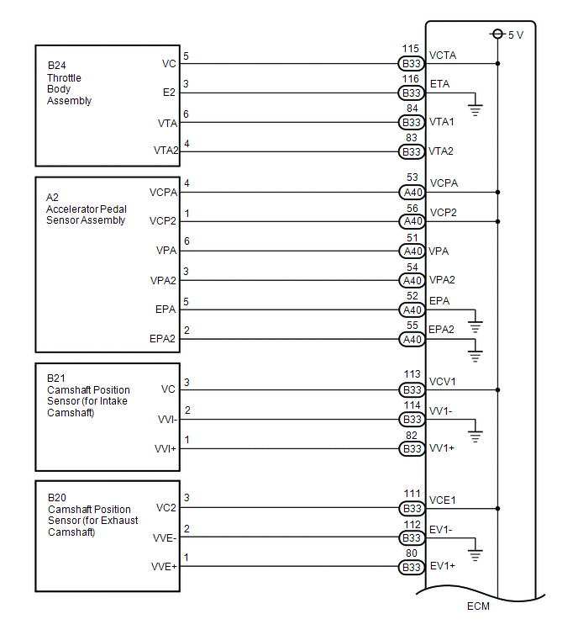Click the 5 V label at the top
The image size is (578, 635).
[x=515, y=34]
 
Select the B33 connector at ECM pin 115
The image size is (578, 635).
[x=411, y=63]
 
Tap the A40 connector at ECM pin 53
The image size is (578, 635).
[x=411, y=192]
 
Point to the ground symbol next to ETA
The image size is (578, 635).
[x=476, y=107]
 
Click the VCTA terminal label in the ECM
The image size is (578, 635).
[x=443, y=55]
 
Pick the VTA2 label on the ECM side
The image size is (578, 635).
[x=441, y=151]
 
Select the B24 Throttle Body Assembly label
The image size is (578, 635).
[x=70, y=83]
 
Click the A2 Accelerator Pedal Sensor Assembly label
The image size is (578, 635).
[x=86, y=209]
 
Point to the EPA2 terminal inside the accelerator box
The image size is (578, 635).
[x=162, y=339]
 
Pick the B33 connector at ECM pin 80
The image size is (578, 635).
[x=411, y=567]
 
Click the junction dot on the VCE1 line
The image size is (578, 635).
[x=497, y=508]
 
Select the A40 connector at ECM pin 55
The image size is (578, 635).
[x=411, y=339]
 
